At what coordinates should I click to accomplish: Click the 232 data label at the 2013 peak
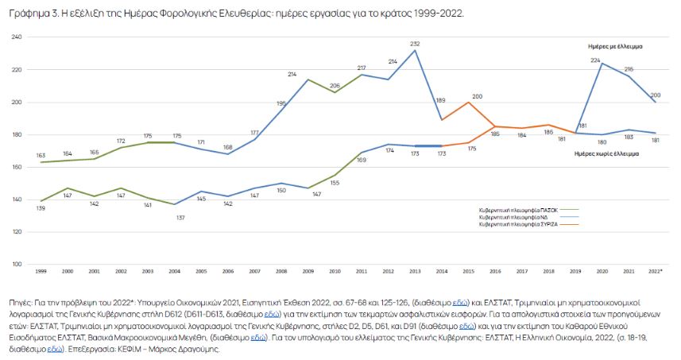(x=415, y=43)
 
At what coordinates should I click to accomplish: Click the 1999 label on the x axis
(x=41, y=273)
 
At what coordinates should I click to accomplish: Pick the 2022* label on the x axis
(x=656, y=273)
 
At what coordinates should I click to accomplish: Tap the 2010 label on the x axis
(x=335, y=273)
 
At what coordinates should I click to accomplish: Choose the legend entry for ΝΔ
(x=517, y=217)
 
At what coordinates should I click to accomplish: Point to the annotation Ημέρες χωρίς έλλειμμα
(x=608, y=154)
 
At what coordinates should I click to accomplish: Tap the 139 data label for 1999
(x=41, y=208)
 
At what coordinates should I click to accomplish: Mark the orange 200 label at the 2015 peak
(x=477, y=95)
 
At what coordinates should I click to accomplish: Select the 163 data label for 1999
(x=41, y=155)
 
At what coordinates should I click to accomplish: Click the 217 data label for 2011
(x=362, y=68)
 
